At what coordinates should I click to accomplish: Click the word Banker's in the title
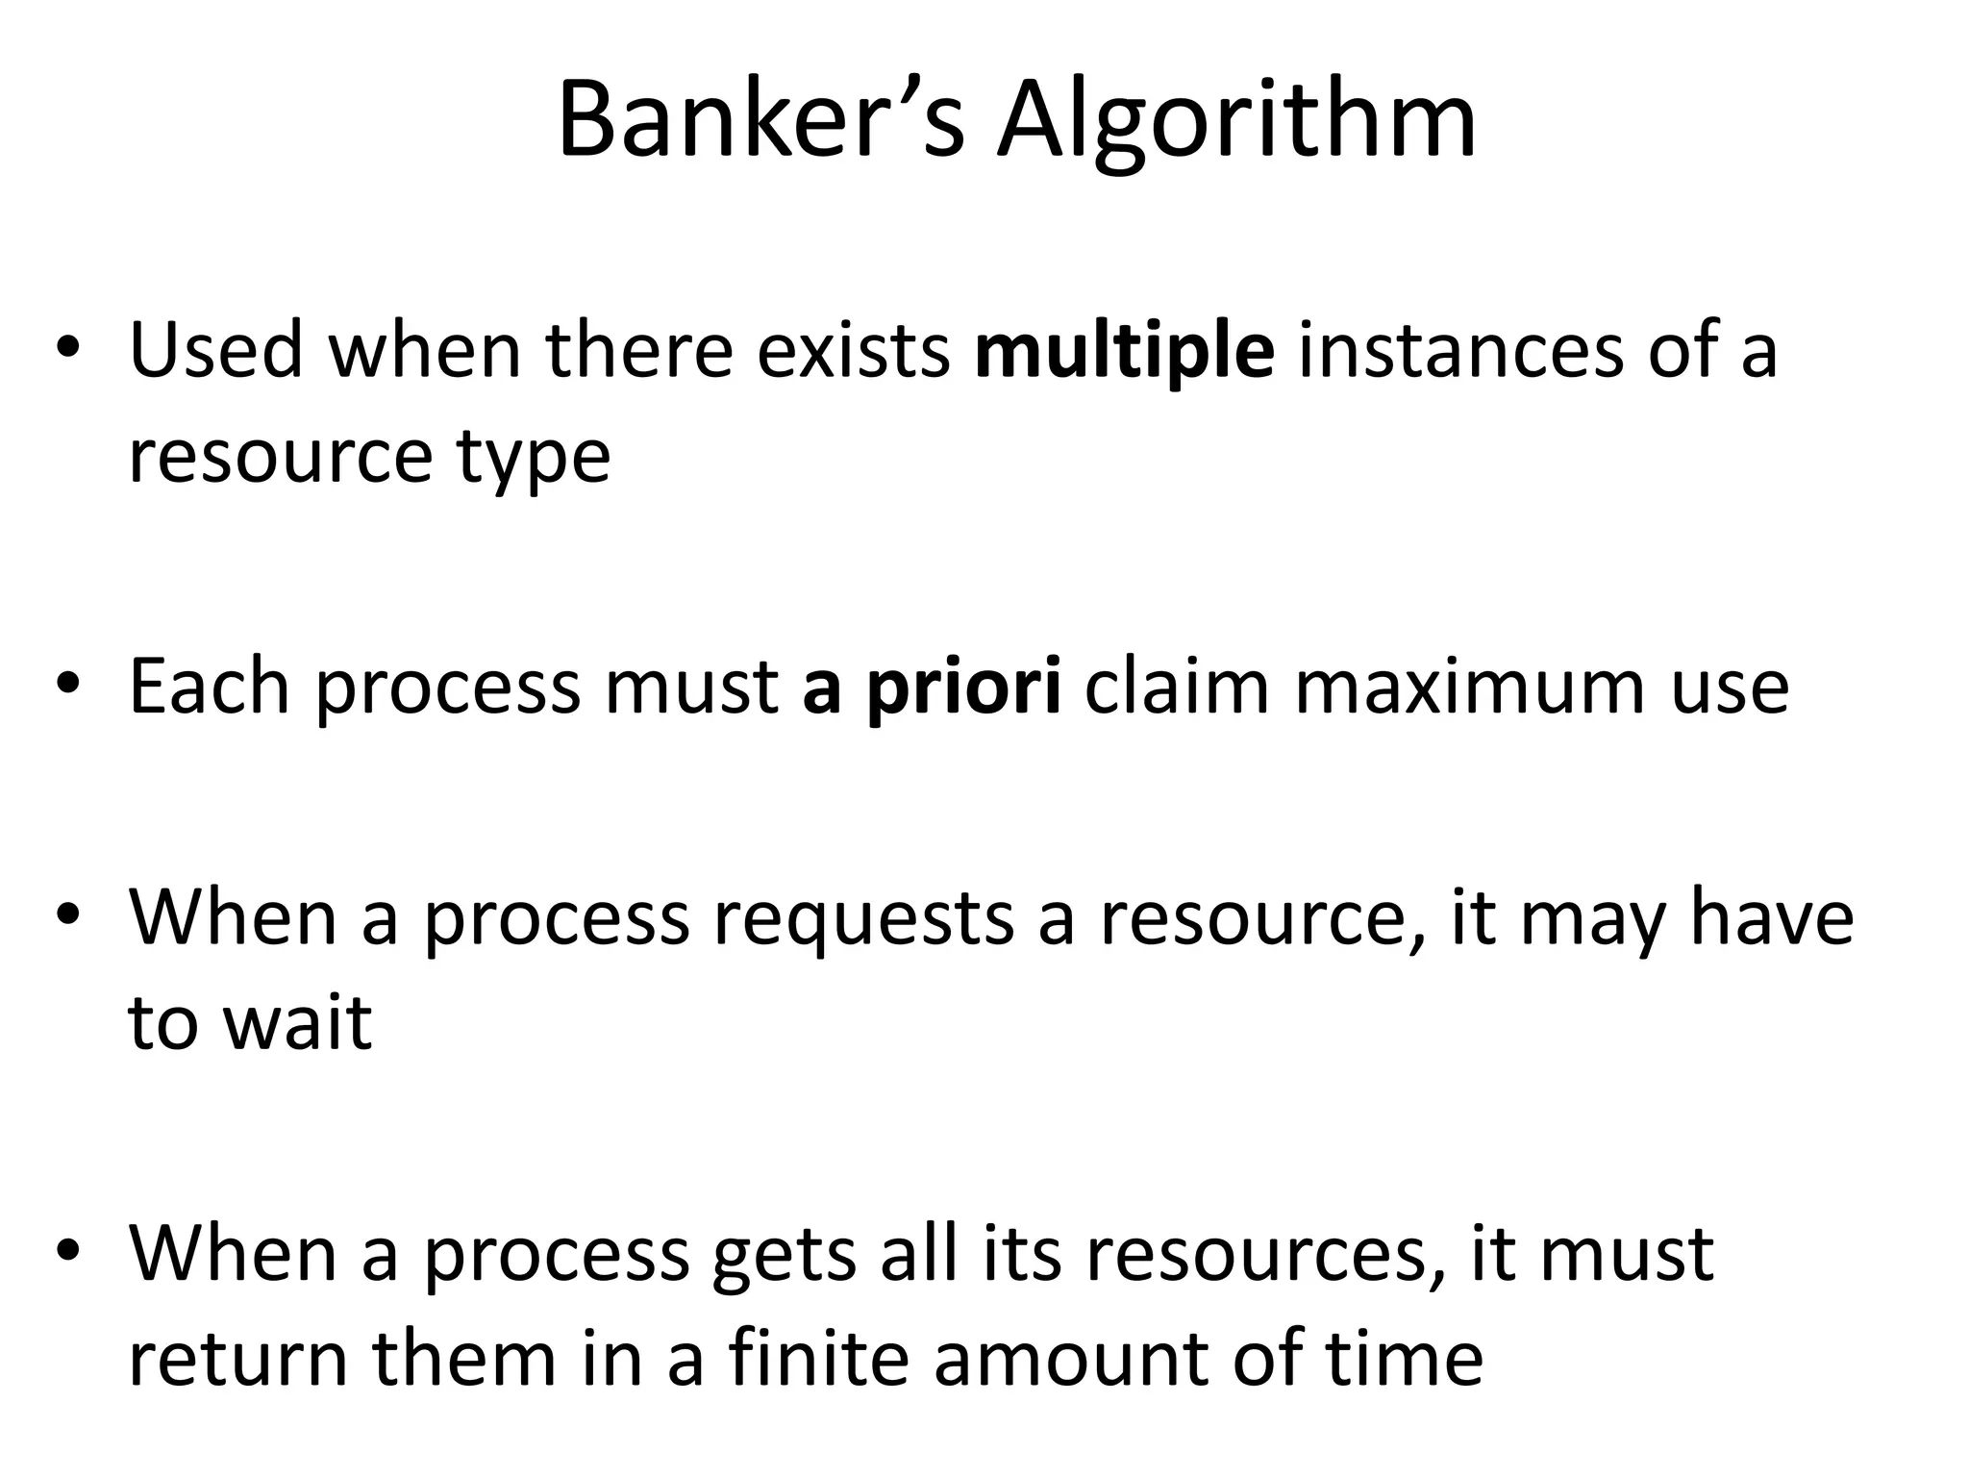[760, 121]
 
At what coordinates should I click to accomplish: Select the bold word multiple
[1124, 351]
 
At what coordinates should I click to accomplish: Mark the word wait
[297, 1021]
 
